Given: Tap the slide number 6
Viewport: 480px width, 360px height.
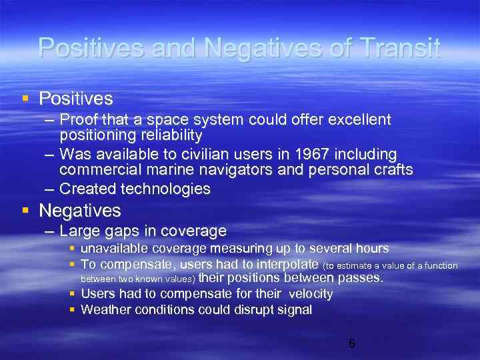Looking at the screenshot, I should tap(351, 344).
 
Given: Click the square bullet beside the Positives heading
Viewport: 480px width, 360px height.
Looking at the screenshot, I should tap(25, 99).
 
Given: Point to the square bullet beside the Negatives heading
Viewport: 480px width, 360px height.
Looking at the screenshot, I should tap(25, 211).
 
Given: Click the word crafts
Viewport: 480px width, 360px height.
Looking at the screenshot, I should tap(392, 170).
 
